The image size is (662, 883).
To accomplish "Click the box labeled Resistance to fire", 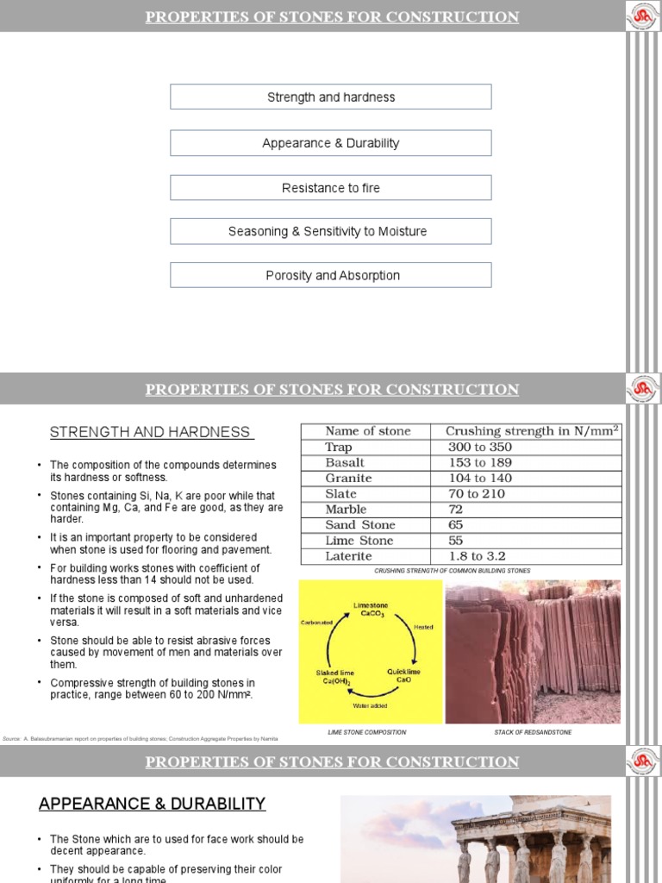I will click(x=330, y=188).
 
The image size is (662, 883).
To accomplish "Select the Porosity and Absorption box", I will click(x=330, y=275).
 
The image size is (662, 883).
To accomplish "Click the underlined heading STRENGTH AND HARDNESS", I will click(x=151, y=432).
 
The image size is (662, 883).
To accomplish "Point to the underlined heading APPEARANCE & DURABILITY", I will click(x=152, y=804).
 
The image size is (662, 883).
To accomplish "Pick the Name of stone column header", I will click(x=367, y=431).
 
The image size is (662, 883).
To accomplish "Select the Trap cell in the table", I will click(x=339, y=447).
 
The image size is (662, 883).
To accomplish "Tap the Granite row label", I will click(x=348, y=478).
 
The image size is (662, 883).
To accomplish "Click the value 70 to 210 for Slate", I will click(x=477, y=493).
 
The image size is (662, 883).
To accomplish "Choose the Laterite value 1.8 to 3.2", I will click(x=477, y=556).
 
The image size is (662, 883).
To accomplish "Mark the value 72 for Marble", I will click(x=456, y=509).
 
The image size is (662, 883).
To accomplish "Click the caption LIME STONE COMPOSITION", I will click(x=367, y=732).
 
